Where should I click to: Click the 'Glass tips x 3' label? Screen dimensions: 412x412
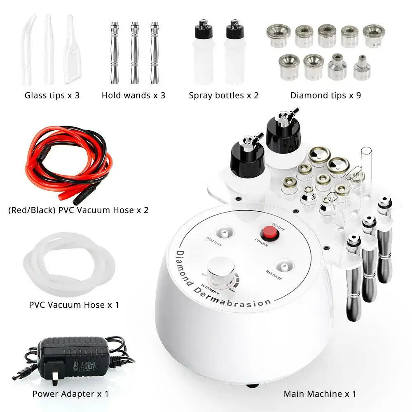[52, 96]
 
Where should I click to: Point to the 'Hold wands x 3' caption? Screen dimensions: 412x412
[133, 96]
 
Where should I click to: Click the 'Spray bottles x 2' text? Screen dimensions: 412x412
[224, 96]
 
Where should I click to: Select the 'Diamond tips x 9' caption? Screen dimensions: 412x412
[325, 96]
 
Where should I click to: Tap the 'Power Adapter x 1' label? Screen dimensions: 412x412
[70, 393]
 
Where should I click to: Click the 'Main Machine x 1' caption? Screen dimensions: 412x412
[320, 393]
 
